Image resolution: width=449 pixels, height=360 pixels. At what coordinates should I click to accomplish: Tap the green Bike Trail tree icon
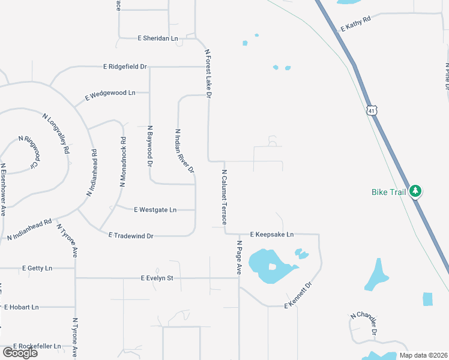(415, 191)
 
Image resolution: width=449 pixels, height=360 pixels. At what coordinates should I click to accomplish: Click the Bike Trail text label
(388, 192)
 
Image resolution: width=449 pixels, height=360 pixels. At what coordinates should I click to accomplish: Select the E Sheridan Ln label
(158, 38)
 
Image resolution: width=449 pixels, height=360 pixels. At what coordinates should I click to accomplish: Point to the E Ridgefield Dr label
(125, 67)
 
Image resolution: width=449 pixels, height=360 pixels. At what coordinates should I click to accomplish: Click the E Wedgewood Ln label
(110, 94)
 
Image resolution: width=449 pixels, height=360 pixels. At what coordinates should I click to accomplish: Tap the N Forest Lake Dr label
(209, 74)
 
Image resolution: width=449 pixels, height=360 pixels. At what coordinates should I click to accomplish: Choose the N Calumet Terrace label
(224, 197)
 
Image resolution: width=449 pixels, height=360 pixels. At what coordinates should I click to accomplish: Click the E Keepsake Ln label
(272, 234)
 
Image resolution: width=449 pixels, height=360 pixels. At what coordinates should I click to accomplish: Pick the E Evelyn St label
(157, 278)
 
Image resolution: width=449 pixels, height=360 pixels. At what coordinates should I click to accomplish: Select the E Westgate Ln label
(155, 209)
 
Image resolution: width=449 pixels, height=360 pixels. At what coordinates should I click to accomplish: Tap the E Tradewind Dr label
(131, 236)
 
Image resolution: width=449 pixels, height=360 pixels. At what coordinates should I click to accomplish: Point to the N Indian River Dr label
(184, 151)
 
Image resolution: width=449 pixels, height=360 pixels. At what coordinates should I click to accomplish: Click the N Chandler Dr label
(364, 323)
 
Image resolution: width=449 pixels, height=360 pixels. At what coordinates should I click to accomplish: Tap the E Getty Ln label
(37, 268)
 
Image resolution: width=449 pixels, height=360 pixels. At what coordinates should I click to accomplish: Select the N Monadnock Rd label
(123, 162)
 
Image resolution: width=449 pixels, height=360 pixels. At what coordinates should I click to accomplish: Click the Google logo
(20, 353)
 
